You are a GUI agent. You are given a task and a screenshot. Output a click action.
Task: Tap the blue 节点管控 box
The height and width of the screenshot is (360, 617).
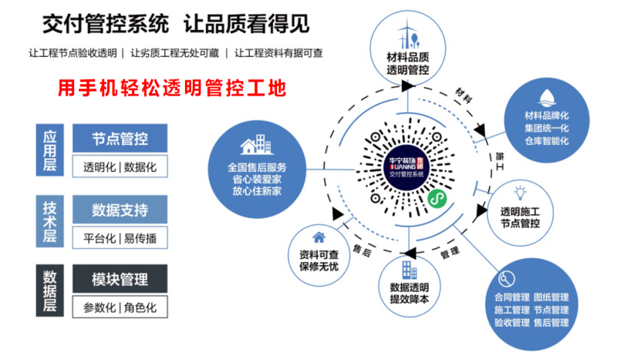click(x=120, y=140)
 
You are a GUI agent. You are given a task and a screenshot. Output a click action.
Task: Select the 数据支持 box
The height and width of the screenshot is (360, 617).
click(x=120, y=210)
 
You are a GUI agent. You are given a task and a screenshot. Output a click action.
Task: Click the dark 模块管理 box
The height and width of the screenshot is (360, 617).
click(x=120, y=280)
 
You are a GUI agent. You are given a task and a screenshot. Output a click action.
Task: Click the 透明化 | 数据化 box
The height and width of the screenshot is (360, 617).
click(x=120, y=167)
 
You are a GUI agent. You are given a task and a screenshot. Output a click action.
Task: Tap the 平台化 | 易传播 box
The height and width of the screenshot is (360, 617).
click(x=120, y=237)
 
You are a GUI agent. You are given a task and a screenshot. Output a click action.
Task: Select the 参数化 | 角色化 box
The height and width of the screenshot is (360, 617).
click(x=120, y=308)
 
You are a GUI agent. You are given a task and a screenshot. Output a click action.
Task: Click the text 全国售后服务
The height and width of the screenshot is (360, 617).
click(x=257, y=167)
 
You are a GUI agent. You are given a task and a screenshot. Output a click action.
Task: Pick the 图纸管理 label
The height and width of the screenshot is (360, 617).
click(x=551, y=297)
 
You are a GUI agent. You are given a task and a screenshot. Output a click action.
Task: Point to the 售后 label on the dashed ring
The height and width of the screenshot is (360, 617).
click(x=361, y=250)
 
